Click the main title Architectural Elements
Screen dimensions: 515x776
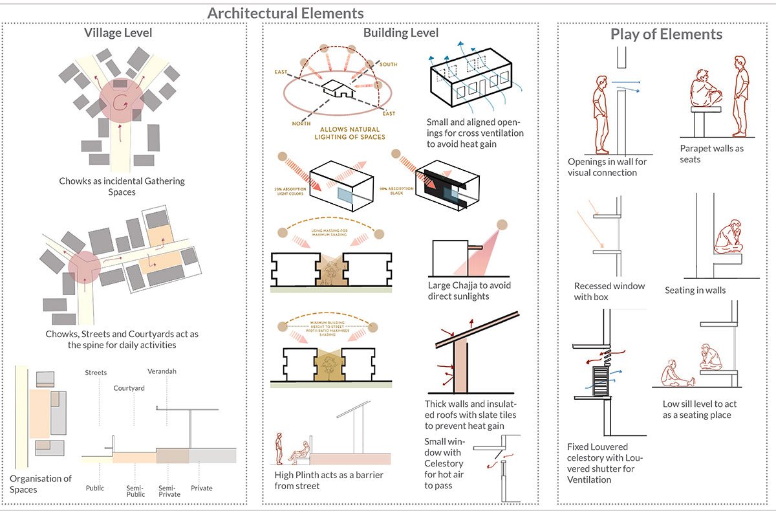pos(285,13)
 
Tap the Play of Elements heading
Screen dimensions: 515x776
pos(666,34)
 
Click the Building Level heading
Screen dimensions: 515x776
pos(400,33)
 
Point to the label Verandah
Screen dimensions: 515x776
pos(162,371)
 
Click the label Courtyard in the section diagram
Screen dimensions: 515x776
pos(129,388)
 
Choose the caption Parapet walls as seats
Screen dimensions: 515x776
pos(711,154)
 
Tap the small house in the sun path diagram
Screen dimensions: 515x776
pos(338,90)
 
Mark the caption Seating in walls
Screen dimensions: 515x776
pos(695,290)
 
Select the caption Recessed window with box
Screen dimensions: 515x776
pos(609,291)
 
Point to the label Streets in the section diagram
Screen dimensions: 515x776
pos(96,373)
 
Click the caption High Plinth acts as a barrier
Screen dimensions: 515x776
pos(329,480)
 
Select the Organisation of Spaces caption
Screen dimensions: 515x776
pos(40,484)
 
